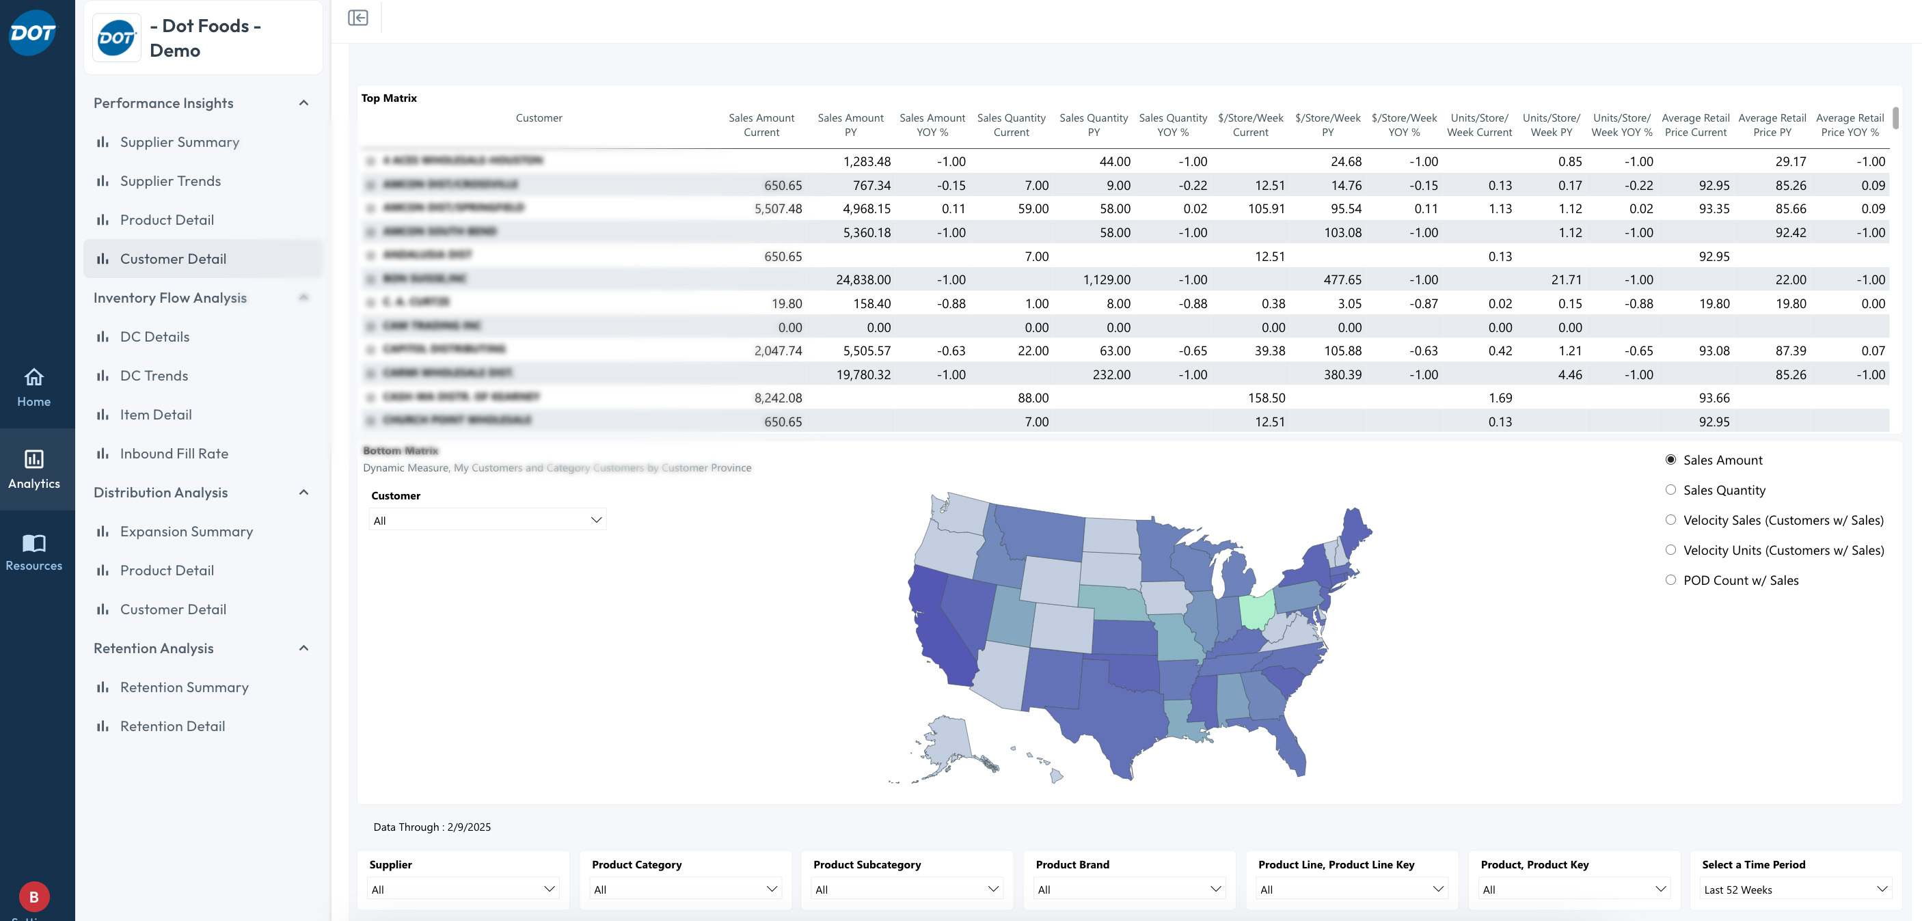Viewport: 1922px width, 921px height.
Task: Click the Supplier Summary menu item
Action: point(179,141)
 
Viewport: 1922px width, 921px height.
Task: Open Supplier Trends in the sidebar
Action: point(170,180)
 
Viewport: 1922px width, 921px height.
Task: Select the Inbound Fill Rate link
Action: point(174,454)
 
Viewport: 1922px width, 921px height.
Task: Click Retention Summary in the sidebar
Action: point(184,687)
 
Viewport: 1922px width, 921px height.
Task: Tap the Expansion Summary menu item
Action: point(186,531)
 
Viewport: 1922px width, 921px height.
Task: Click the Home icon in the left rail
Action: point(33,377)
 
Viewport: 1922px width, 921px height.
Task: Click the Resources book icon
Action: point(33,543)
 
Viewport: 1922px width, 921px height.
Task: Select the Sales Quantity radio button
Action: point(1670,490)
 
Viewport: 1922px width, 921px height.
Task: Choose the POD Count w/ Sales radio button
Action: point(1670,579)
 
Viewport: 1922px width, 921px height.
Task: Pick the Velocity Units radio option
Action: point(1670,549)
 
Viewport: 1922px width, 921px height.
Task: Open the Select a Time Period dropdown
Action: point(1794,889)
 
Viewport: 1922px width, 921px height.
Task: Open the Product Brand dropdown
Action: point(1129,889)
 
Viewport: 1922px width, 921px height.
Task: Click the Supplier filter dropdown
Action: point(463,889)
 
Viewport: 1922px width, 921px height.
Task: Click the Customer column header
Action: point(539,118)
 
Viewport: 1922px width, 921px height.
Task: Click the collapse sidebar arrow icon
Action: point(358,18)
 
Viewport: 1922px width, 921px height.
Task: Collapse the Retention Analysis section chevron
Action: point(303,648)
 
